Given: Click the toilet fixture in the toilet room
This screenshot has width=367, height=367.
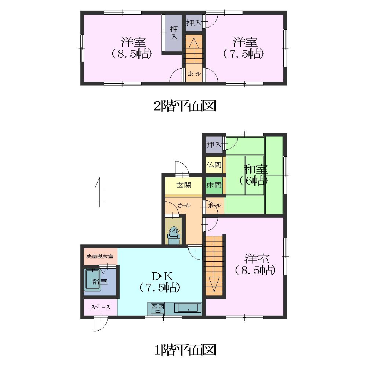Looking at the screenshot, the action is pos(174,235).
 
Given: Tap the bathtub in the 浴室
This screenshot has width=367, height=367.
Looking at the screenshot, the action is pos(93,280).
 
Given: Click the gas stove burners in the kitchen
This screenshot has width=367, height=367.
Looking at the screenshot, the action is pos(158,308).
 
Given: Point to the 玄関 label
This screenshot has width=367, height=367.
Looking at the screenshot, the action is pos(184,185).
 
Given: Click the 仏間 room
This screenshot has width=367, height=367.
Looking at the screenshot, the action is pos(214,165).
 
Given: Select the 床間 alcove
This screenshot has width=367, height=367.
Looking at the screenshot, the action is pos(214,185).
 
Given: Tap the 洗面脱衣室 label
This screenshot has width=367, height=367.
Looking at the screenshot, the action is pos(100,257).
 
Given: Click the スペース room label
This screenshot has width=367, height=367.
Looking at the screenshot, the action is pos(100,307).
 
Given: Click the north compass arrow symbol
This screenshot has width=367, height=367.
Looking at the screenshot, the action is pos(99,192).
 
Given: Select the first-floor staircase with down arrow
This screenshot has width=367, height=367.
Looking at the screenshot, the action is pos(214,265).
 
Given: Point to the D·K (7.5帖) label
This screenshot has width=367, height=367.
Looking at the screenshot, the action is pos(160,282).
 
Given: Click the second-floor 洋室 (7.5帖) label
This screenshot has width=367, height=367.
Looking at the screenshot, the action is pos(244,48).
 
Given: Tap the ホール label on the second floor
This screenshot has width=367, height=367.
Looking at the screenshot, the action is pos(194,74).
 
